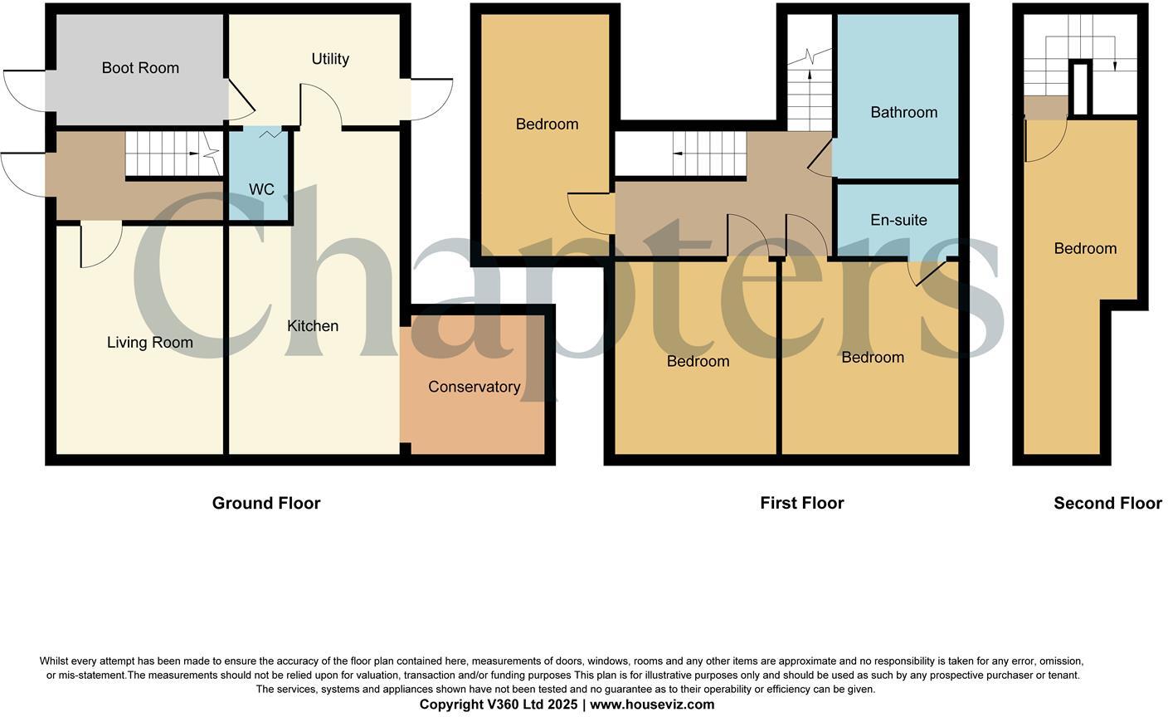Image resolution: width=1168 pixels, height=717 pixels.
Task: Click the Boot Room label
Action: [x=140, y=68]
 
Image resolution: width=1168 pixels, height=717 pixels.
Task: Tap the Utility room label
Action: [x=330, y=59]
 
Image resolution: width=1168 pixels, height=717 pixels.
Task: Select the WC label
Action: [x=261, y=190]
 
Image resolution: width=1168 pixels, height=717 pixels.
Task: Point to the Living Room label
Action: [x=150, y=343]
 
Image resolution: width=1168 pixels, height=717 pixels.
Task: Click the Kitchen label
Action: [x=313, y=326]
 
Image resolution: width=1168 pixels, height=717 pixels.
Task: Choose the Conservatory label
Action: [x=474, y=387]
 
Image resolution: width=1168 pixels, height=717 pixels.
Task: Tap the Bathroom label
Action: [x=903, y=112]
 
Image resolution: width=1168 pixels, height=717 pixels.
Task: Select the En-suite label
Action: [x=898, y=220]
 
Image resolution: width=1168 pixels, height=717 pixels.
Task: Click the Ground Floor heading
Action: [x=266, y=503]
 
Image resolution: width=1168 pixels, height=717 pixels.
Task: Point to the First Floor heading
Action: [x=802, y=503]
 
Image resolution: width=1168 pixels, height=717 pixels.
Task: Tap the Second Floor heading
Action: [x=1107, y=503]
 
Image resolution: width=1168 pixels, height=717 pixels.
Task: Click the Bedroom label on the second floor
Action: [x=1085, y=248]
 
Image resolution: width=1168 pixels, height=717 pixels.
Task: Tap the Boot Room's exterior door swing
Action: [x=23, y=86]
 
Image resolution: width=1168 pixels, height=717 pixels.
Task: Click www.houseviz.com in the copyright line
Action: [x=652, y=705]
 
